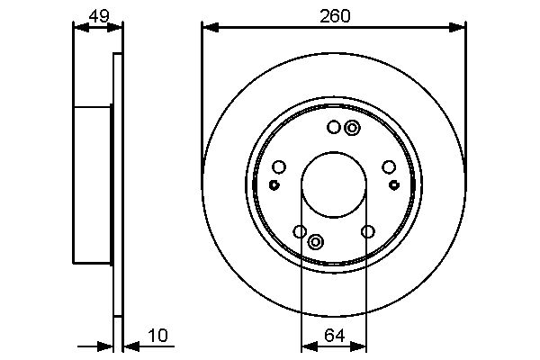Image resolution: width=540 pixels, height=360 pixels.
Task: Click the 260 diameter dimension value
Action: coord(334,15)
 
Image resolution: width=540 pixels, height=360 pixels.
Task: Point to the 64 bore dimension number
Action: coord(335,336)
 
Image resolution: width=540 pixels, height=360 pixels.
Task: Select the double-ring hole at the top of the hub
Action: coord(352,128)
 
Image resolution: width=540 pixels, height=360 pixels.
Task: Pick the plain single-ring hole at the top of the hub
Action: coord(334,128)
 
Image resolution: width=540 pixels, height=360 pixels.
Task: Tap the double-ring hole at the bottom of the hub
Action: coord(316,241)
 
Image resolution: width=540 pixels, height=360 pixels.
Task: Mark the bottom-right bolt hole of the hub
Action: coord(367,232)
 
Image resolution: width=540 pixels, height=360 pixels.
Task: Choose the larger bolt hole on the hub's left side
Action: coord(278,166)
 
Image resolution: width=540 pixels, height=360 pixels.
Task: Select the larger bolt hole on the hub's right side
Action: coord(389,166)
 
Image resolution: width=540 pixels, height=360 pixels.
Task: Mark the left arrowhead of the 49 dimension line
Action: coord(78,28)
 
